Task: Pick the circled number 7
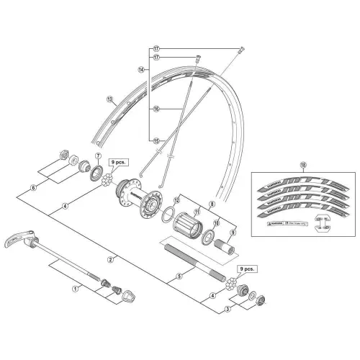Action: (x=97, y=156)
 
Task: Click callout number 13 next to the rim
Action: (x=109, y=99)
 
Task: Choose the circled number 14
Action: (x=142, y=70)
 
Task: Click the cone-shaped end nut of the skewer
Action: (x=130, y=294)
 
